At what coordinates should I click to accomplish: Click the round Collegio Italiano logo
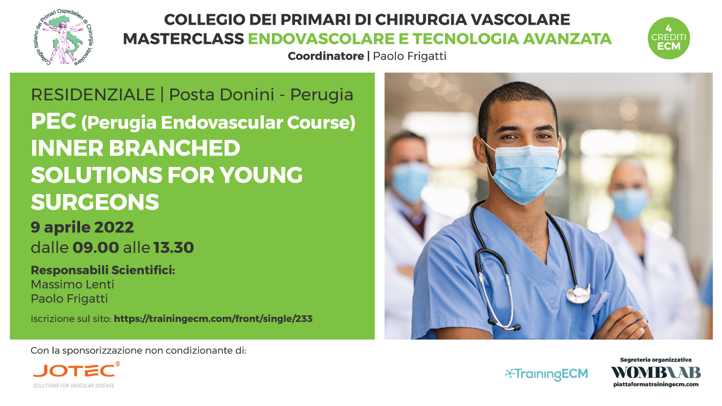pos(64,38)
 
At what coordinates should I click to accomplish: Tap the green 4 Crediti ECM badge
pos(668,38)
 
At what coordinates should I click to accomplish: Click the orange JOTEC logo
pos(76,374)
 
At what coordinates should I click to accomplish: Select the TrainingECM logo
pos(547,374)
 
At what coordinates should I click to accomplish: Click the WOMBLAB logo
pos(656,373)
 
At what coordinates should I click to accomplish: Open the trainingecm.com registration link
pos(213,319)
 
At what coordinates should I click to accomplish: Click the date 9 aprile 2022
pos(82,227)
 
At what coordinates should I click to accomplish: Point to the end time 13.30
pos(174,248)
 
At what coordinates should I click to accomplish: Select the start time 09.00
pos(96,248)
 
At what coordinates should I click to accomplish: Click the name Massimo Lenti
pos(73,285)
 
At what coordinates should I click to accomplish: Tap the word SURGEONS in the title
pos(95,202)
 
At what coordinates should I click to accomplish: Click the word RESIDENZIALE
pos(93,95)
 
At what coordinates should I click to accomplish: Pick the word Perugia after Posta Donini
pos(322,95)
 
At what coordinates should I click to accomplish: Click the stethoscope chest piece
pos(578,295)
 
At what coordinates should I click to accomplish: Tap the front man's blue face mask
pos(525,173)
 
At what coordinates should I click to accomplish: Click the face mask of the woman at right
pos(630,204)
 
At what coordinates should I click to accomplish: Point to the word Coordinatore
pos(326,56)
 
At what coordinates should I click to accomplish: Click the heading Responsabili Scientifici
pos(103,270)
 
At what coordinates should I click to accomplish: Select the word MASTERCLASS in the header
pos(183,39)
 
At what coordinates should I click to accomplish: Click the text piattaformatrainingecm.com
pos(656,385)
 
